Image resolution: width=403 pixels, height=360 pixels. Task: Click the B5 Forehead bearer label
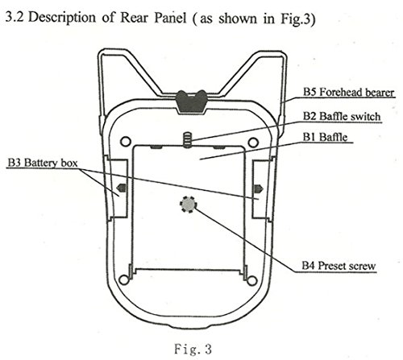click(x=349, y=93)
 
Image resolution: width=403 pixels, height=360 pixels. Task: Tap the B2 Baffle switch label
click(x=342, y=117)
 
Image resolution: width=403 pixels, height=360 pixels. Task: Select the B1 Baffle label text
click(x=325, y=137)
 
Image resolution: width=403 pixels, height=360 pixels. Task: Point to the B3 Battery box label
click(x=43, y=163)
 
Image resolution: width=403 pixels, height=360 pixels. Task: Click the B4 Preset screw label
click(x=339, y=266)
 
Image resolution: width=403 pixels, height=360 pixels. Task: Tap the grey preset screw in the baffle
click(x=188, y=205)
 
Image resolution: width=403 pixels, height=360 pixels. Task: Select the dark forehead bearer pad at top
click(x=191, y=101)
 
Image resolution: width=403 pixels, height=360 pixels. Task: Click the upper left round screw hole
click(x=126, y=142)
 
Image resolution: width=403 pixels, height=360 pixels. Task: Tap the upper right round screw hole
click(x=253, y=143)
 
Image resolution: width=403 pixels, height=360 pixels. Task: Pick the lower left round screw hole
click(x=123, y=279)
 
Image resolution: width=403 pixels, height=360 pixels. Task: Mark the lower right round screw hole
click(x=251, y=280)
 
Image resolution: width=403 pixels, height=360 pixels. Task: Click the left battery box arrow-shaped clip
click(x=121, y=188)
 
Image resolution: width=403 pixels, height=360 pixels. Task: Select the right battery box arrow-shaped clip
click(x=259, y=188)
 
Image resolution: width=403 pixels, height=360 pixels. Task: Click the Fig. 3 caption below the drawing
click(x=193, y=349)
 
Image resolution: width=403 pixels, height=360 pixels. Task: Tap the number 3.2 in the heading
click(x=15, y=17)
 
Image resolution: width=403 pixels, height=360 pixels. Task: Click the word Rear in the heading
click(x=134, y=18)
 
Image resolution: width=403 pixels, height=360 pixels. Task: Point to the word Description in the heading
click(x=62, y=18)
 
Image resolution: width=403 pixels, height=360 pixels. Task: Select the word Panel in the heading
click(x=170, y=18)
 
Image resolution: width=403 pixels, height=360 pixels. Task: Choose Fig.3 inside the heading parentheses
click(x=295, y=19)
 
